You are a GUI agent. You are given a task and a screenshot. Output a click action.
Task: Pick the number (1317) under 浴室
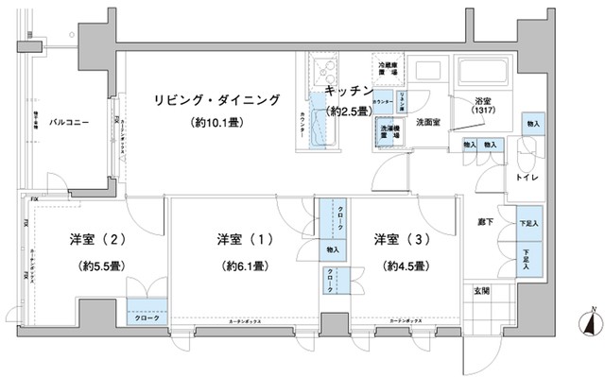(483, 112)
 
